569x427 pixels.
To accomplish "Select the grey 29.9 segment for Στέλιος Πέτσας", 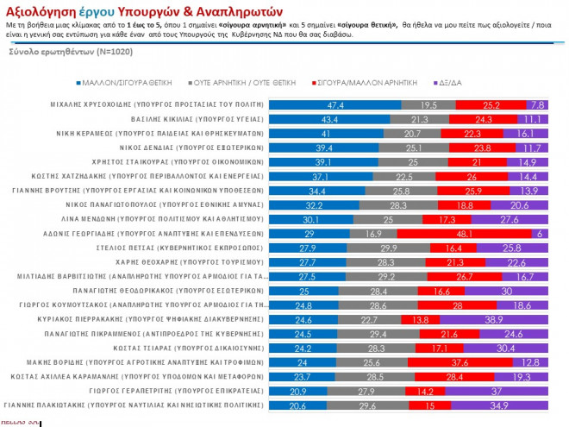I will (387, 248).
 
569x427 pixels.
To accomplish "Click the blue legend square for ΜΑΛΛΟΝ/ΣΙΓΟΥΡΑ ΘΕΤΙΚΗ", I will (78, 83).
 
